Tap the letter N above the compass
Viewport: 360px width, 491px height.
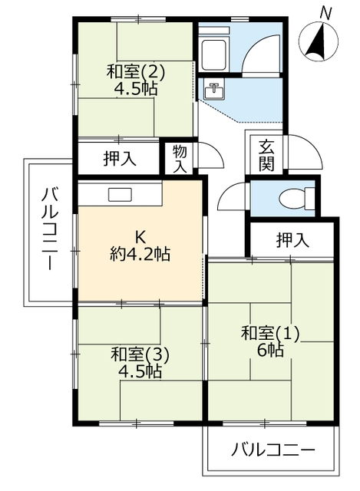pos(325,12)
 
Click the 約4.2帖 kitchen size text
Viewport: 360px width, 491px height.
pos(140,254)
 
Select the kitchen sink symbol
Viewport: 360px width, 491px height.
pos(120,194)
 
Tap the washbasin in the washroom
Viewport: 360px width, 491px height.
pos(214,91)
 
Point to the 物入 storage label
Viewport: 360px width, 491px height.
pos(180,158)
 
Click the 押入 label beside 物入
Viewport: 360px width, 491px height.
pos(121,160)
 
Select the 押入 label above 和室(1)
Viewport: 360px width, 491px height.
pos(292,240)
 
